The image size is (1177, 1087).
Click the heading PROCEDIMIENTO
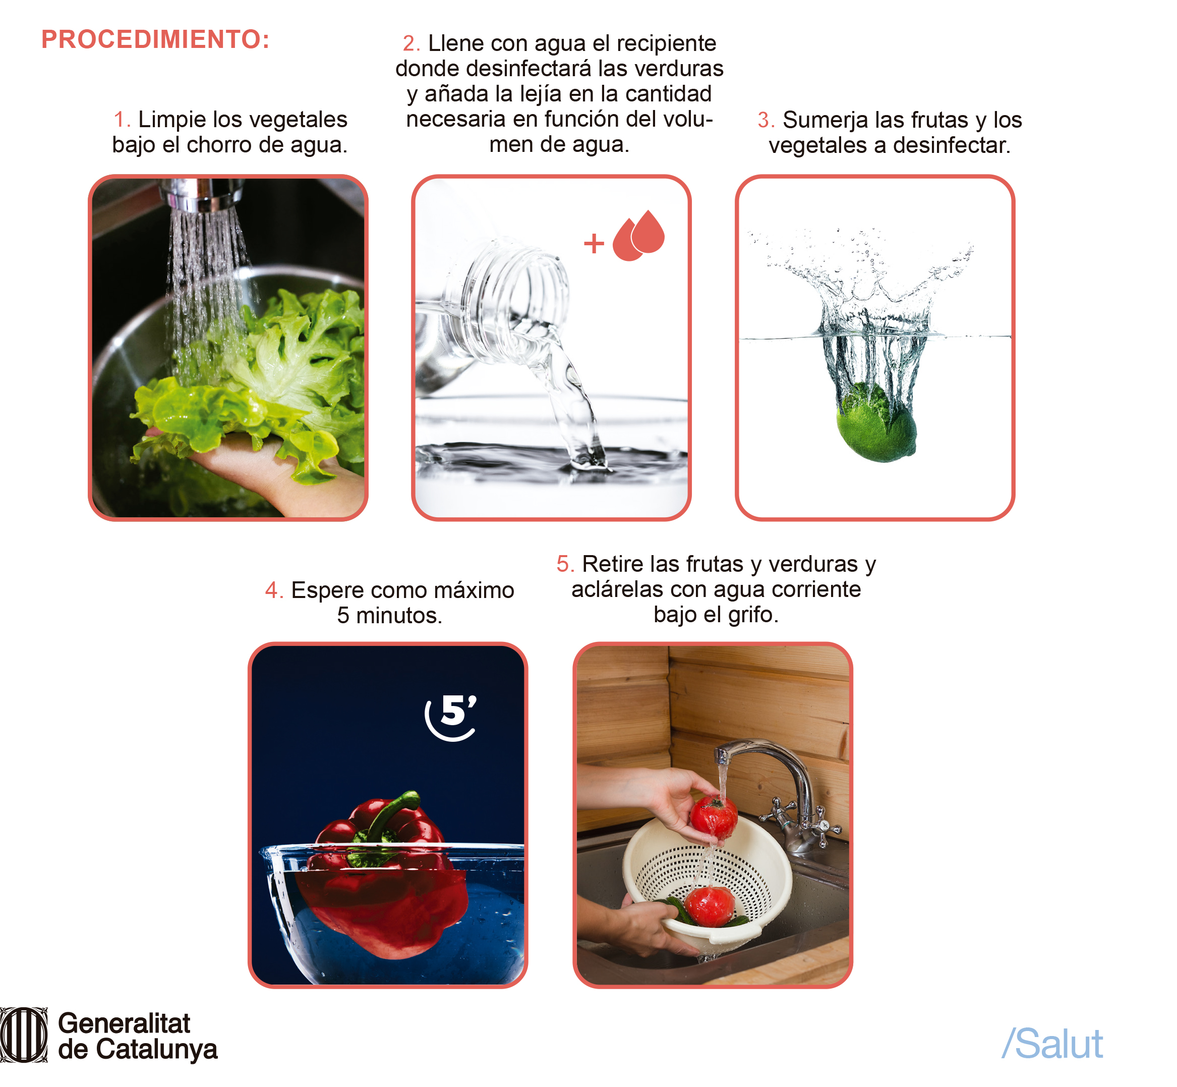tap(155, 39)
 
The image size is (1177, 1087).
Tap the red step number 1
tap(121, 120)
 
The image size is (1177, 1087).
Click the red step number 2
tap(410, 43)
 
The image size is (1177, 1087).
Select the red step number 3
tap(766, 120)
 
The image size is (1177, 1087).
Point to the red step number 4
tap(274, 590)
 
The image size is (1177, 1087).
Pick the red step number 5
tap(564, 564)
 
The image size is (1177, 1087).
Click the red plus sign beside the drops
tap(594, 243)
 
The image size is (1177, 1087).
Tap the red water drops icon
tap(638, 235)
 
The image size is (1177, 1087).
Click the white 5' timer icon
tap(451, 717)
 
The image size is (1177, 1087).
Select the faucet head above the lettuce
tap(202, 194)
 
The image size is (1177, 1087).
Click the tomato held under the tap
tap(714, 817)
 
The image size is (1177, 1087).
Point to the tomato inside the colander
tap(709, 906)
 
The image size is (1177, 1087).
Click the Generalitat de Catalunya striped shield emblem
tap(24, 1035)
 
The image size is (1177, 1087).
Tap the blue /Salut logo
tap(1052, 1044)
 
